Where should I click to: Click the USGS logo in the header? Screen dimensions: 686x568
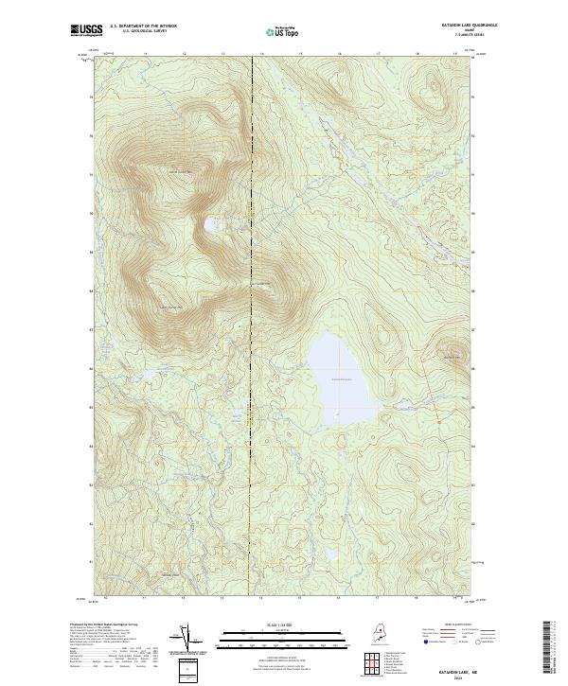coord(86,31)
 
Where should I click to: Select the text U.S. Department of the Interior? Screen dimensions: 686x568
coord(143,26)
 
